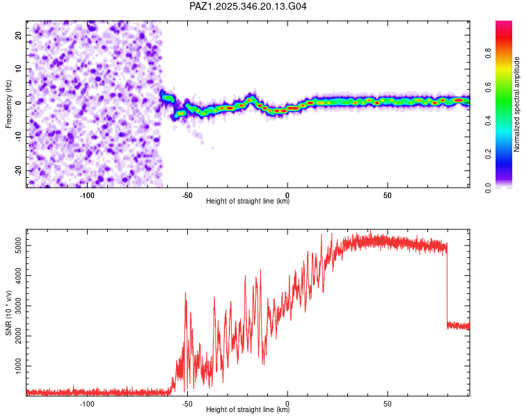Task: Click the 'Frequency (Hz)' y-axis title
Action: pyautogui.click(x=9, y=104)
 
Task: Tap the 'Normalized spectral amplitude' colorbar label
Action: pyautogui.click(x=517, y=104)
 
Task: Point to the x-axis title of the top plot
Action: pyautogui.click(x=248, y=202)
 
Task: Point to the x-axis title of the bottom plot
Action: pyautogui.click(x=248, y=410)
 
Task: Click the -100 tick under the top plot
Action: pyautogui.click(x=87, y=195)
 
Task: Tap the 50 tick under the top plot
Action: pyautogui.click(x=388, y=195)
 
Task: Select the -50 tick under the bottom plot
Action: pyautogui.click(x=187, y=404)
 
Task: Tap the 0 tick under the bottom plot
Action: pyautogui.click(x=287, y=404)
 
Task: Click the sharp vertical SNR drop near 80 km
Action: pyautogui.click(x=447, y=285)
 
